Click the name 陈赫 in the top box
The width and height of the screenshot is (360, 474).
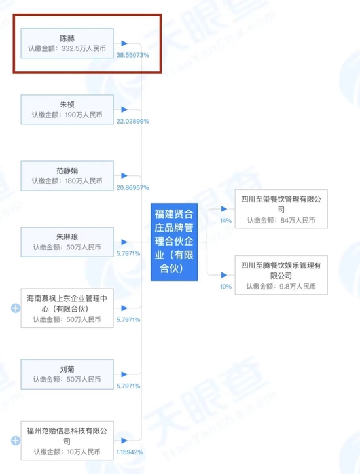point(67,39)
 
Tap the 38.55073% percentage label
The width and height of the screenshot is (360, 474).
point(133,55)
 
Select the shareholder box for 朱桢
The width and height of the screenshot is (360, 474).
point(67,109)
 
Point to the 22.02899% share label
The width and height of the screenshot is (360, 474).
point(133,121)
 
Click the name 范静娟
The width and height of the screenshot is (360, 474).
point(67,171)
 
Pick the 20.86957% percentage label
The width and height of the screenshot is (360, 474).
point(133,187)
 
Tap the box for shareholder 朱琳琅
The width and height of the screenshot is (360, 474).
point(67,242)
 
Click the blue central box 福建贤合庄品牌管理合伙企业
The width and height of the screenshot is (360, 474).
point(174,242)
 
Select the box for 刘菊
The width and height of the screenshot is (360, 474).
point(67,374)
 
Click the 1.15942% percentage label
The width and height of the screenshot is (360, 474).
point(130,452)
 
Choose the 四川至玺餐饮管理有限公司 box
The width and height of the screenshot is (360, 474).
point(281,209)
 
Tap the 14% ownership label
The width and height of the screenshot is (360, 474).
point(226,221)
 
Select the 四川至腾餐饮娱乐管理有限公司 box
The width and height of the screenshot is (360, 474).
point(281,275)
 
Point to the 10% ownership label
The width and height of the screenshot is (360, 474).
point(226,287)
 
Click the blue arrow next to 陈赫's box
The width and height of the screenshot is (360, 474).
point(124,43)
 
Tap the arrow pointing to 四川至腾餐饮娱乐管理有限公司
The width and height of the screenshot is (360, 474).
point(224,275)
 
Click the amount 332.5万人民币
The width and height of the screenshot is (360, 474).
point(84,48)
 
